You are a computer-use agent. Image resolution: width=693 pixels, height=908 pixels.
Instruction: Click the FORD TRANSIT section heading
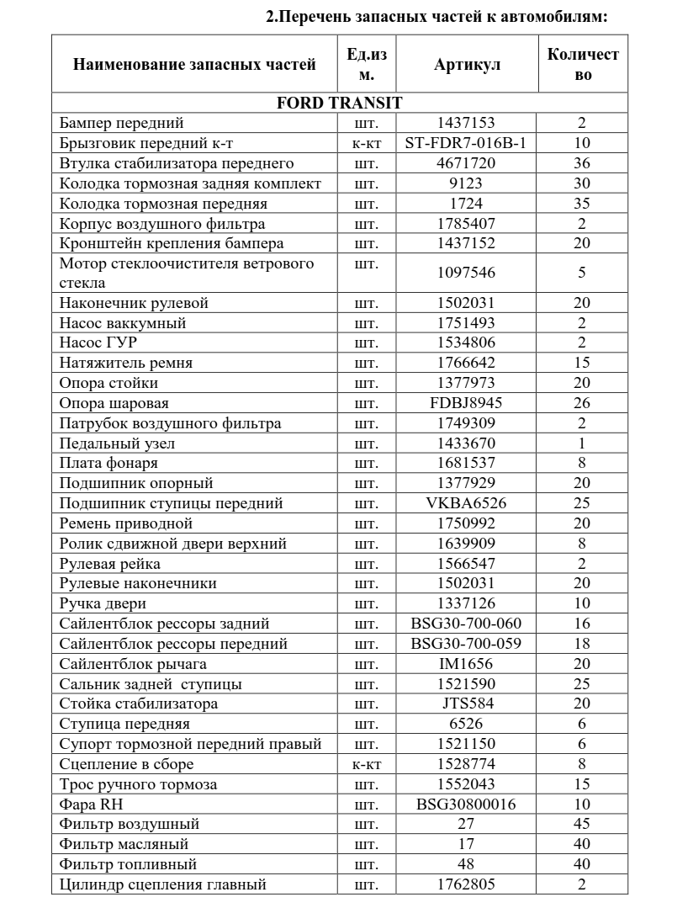coord(339,104)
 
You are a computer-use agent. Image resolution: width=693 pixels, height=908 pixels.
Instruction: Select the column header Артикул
coord(467,65)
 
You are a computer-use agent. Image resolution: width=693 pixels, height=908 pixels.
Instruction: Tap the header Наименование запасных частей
coord(194,65)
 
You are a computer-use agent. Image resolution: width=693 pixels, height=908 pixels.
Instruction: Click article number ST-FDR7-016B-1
coord(466,143)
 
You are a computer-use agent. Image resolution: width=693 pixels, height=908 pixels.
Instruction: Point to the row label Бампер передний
coord(122,124)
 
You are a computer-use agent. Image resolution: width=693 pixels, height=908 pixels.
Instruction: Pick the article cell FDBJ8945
coord(466,403)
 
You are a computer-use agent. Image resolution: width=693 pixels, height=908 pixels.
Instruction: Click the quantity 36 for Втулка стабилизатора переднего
coord(581,163)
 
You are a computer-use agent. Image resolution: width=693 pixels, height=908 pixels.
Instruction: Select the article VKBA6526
coord(466,503)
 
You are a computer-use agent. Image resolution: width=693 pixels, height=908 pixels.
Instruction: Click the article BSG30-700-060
coord(466,624)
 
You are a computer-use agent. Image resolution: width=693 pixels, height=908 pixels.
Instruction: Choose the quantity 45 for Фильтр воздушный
coord(581,824)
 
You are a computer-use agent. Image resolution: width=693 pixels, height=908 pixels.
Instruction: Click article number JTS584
coord(466,704)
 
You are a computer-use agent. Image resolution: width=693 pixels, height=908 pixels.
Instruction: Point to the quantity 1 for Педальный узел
coord(581,443)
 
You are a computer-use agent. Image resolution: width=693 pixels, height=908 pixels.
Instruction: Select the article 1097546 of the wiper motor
coord(466,273)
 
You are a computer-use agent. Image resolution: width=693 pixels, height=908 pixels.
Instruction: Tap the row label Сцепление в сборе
coord(127,764)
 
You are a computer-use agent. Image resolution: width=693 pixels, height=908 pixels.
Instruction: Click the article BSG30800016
coord(466,804)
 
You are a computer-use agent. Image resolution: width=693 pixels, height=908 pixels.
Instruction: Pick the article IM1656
coord(466,664)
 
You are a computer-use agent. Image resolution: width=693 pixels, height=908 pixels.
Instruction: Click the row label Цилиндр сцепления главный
coord(163,884)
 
